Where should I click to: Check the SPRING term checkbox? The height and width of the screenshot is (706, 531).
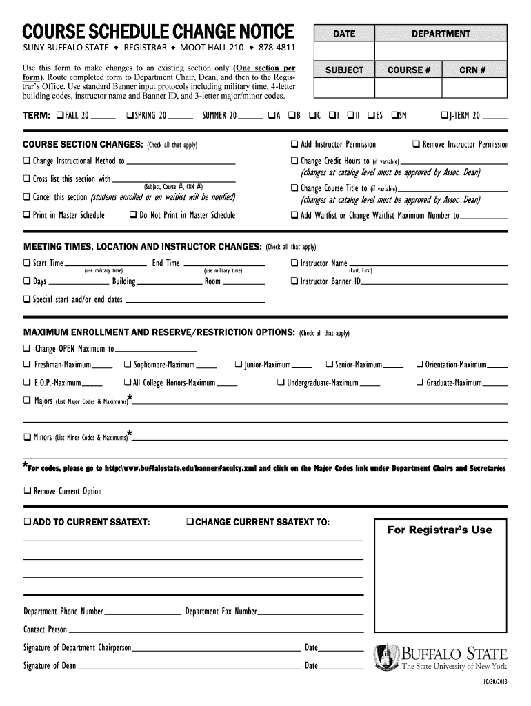130,114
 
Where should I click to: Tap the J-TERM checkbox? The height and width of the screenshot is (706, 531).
444,114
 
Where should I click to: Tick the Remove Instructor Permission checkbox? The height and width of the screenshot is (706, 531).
416,144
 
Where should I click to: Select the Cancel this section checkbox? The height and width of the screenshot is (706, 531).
27,198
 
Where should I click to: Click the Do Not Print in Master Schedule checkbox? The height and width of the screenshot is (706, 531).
133,215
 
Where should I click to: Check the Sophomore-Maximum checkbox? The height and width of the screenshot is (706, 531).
128,364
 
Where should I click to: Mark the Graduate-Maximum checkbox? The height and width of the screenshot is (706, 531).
420,383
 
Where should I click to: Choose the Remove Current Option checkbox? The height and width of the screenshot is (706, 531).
27,492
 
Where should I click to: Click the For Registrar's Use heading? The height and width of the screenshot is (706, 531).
439,529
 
